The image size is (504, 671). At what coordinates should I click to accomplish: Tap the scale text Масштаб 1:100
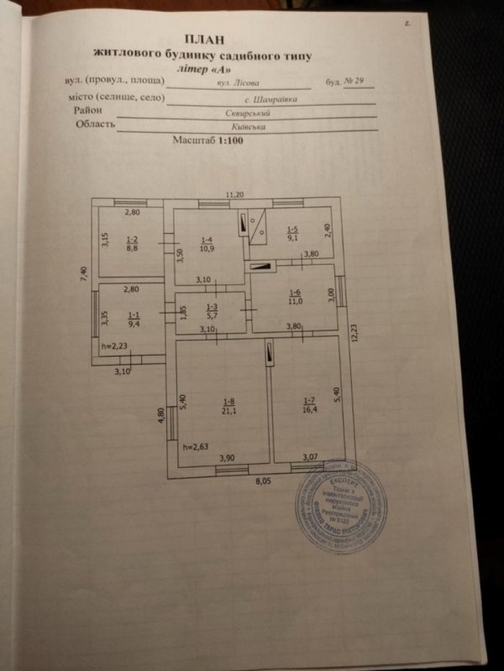pos(205,143)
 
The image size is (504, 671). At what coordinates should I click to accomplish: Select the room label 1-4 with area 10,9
pos(207,245)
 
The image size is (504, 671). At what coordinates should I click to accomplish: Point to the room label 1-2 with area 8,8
pos(132,243)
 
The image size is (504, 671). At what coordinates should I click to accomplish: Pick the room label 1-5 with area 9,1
pos(291,233)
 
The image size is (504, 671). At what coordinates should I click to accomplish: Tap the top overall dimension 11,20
pos(234,195)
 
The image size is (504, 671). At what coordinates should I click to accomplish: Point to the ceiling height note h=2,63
pos(197,447)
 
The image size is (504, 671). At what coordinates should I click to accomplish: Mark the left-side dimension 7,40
pos(84,277)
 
